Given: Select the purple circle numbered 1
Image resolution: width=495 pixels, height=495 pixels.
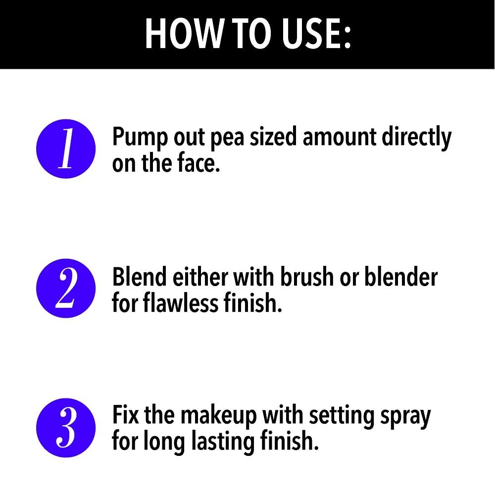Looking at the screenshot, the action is point(66,148).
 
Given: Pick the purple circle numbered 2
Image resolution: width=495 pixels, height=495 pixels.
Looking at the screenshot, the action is point(66,288).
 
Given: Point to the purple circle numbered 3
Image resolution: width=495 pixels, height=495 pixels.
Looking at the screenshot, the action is point(66,428).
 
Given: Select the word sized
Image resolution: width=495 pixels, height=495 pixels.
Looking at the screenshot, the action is point(273,137).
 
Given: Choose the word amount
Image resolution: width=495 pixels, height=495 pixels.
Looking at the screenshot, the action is point(339,137).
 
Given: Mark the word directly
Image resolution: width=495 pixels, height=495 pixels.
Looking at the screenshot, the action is point(416,138).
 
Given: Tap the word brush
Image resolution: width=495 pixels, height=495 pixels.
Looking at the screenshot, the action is point(307,276).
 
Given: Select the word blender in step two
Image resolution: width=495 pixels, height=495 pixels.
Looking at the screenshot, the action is point(401,276).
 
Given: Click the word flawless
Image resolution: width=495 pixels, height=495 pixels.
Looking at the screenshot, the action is point(181,302).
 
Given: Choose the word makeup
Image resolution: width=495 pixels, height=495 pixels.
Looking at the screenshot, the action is point(218,416).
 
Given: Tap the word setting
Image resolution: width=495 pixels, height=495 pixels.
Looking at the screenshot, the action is point(342,417).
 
